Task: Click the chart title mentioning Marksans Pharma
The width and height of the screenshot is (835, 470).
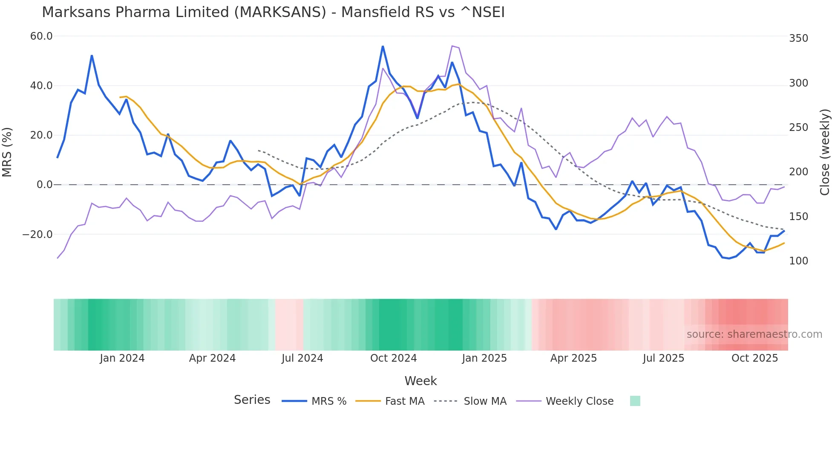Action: (x=273, y=12)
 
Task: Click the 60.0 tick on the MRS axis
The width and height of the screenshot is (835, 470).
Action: (x=41, y=36)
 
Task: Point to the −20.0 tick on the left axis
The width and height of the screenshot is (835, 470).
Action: (x=37, y=235)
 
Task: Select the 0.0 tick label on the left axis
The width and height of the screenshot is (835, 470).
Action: (x=44, y=185)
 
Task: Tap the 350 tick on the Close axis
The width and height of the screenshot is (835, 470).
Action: (x=798, y=38)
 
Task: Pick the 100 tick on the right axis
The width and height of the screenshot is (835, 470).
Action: (x=798, y=261)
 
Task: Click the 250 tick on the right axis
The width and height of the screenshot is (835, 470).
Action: (x=798, y=128)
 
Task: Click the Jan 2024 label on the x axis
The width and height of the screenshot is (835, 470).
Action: (x=122, y=358)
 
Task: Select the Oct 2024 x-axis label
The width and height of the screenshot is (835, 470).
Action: (x=393, y=358)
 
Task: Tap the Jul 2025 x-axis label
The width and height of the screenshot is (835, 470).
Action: (x=663, y=358)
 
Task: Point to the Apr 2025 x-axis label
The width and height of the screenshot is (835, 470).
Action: (x=573, y=358)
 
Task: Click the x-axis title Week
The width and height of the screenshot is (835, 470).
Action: (x=420, y=381)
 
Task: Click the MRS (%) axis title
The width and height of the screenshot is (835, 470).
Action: (x=7, y=152)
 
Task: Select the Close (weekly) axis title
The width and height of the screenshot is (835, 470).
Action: (x=825, y=152)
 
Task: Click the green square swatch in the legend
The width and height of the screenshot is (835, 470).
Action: (x=635, y=401)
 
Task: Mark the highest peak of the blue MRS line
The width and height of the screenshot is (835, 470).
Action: (x=383, y=46)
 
